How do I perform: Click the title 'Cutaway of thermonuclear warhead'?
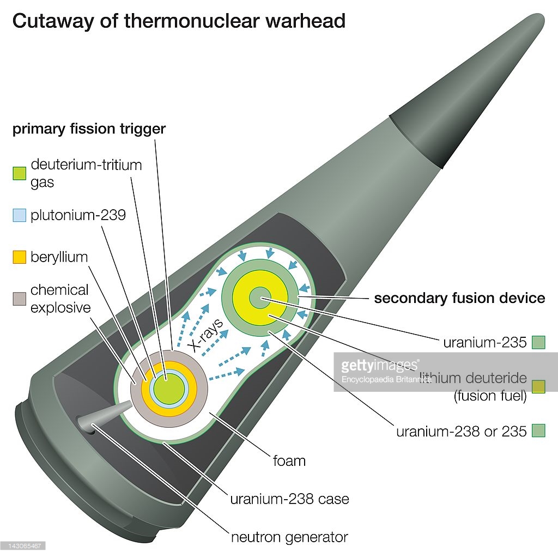(179, 21)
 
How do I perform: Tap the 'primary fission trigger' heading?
(89, 129)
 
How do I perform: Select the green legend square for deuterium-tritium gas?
(20, 174)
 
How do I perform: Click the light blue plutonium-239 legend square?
(20, 215)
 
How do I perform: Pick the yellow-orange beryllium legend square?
(20, 257)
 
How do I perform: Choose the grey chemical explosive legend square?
(20, 299)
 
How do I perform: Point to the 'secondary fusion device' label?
(459, 298)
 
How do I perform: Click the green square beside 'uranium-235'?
(538, 343)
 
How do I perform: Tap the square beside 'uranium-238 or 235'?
(538, 431)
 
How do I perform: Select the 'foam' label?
(289, 461)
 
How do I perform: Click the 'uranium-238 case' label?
(289, 499)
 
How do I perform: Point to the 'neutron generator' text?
(289, 537)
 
